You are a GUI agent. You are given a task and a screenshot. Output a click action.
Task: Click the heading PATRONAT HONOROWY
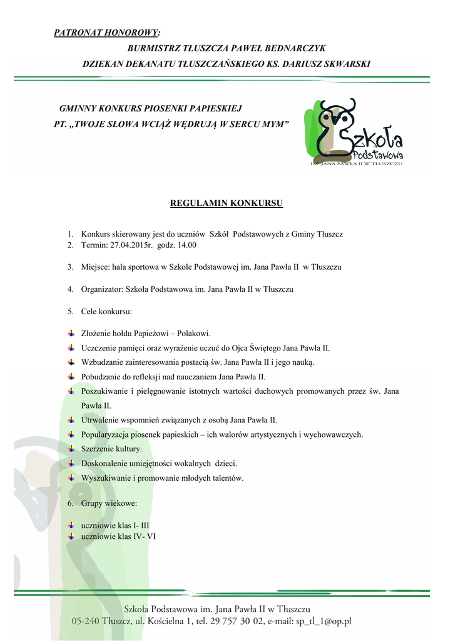pos(106,33)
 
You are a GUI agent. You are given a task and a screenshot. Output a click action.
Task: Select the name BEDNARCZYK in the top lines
pos(292,48)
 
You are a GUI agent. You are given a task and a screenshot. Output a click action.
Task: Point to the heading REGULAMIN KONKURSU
pos(227,203)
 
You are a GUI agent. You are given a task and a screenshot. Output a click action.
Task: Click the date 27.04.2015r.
pos(131,245)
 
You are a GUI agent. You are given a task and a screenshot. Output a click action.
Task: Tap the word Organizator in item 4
pos(102,289)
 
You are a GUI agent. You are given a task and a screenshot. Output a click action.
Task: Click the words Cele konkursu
pos(106,311)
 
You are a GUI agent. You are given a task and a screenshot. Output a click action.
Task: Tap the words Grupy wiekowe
pos(109,503)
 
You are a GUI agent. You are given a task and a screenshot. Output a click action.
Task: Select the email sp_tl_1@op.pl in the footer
pos(321,622)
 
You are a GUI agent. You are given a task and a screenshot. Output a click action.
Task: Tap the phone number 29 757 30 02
pos(233,622)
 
